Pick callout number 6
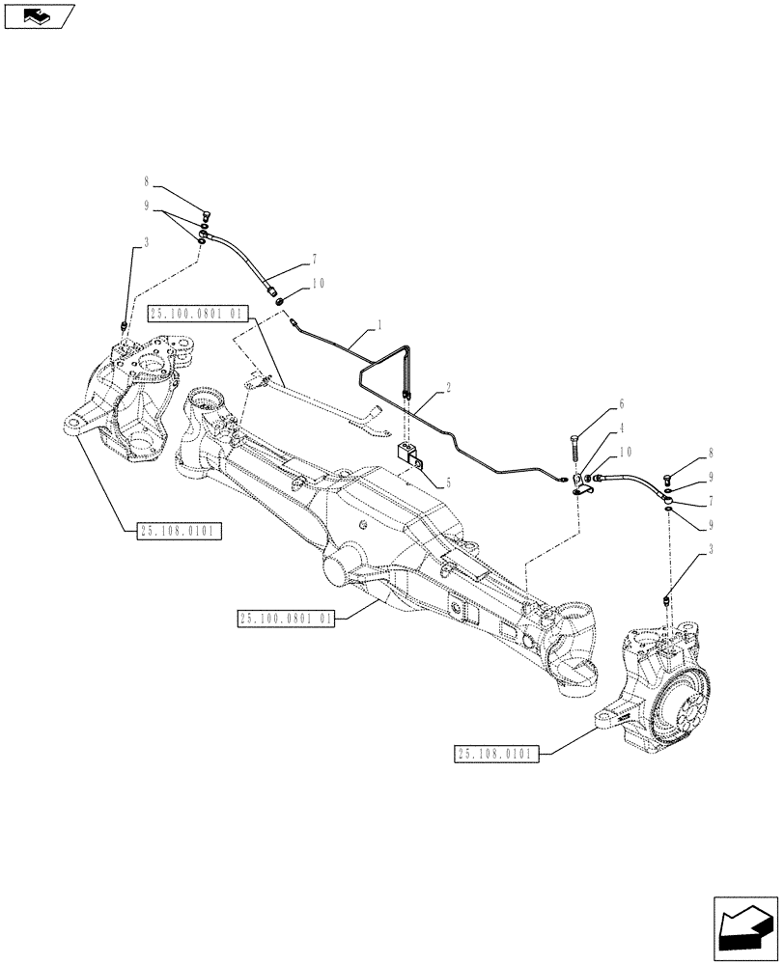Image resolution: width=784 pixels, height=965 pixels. [x=621, y=403]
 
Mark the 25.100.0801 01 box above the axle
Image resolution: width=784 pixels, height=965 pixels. [x=198, y=313]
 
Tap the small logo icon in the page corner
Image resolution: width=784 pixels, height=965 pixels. [x=39, y=14]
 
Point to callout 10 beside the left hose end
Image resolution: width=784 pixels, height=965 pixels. [x=318, y=284]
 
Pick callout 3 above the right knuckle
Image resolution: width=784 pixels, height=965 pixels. [x=711, y=550]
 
